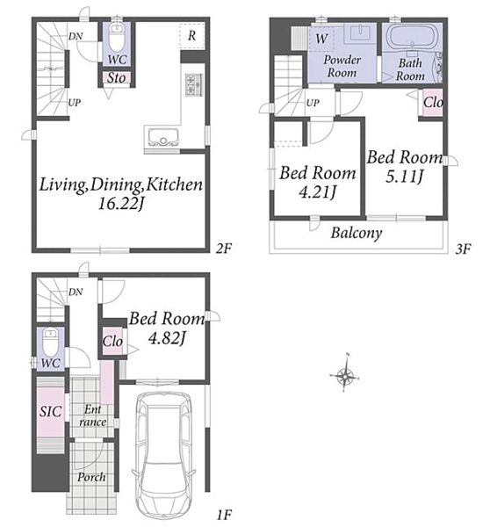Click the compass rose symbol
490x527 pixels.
click(345, 375)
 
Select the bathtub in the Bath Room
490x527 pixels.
click(412, 37)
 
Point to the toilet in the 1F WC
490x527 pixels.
click(51, 342)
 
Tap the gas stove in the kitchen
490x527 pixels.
click(194, 84)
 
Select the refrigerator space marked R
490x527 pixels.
click(192, 36)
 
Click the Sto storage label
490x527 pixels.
click(116, 78)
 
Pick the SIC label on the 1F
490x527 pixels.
click(50, 411)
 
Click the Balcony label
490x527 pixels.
click(357, 233)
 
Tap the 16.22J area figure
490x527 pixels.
click(121, 204)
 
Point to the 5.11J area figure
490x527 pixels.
click(404, 177)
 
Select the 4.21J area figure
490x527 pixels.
click(317, 192)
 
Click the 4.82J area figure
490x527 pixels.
click(167, 338)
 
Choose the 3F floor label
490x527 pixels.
click(463, 249)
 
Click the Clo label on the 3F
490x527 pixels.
click(433, 102)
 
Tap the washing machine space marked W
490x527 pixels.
click(321, 39)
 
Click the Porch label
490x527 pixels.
click(91, 477)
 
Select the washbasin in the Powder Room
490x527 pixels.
click(360, 32)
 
